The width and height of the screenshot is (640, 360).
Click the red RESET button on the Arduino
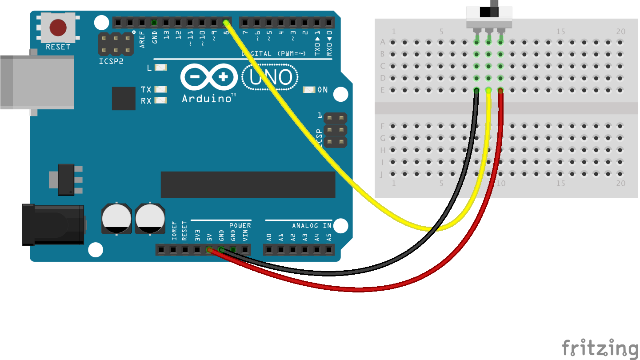[x=58, y=28]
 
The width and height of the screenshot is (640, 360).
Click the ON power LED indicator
[x=309, y=90]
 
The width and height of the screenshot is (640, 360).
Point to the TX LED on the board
[x=160, y=90]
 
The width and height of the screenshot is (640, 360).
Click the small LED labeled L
[x=160, y=68]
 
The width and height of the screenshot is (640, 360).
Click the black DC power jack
[x=53, y=224]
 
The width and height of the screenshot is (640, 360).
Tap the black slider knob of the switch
[x=486, y=11]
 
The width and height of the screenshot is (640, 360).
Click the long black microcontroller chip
[x=248, y=184]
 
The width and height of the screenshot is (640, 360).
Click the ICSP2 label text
[x=111, y=61]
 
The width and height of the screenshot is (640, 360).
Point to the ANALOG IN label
[x=312, y=226]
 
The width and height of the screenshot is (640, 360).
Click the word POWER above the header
[x=240, y=226]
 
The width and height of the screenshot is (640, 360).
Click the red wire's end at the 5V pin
[x=209, y=250]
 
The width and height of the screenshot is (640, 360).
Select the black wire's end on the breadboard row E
[x=476, y=90]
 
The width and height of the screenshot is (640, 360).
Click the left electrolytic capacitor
[x=116, y=218]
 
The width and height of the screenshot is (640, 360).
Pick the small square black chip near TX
[x=124, y=98]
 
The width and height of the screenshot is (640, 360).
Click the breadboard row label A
[x=383, y=43]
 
